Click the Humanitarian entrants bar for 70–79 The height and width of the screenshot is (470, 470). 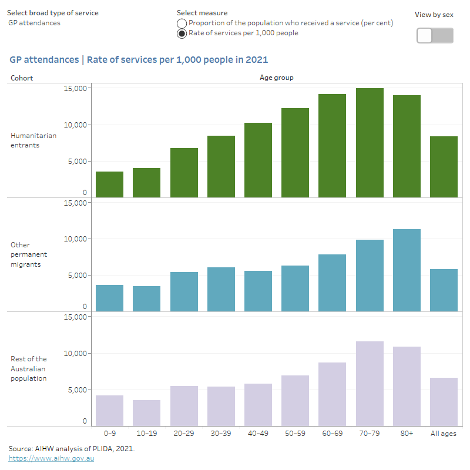tap(370, 143)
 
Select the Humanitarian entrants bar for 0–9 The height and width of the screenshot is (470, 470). tap(109, 184)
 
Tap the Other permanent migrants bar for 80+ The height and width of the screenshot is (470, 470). tap(407, 270)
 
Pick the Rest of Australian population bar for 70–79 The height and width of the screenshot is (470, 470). tap(370, 384)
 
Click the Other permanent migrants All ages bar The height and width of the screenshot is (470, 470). tap(444, 290)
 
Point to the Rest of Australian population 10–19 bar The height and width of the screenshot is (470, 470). tap(146, 413)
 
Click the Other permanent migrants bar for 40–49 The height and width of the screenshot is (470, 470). tap(258, 291)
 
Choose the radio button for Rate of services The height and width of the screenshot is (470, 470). tap(182, 33)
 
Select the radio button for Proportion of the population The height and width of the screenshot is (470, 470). tap(182, 23)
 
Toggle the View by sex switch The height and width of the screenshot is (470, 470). tap(435, 35)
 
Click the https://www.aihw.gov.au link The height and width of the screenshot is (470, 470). tap(51, 458)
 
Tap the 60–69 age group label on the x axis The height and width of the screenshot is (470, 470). tap(332, 433)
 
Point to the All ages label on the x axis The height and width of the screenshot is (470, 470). tap(444, 433)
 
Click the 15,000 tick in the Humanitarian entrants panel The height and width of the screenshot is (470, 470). tap(75, 88)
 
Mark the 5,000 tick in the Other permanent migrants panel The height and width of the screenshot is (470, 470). tap(77, 275)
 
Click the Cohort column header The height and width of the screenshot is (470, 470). tap(22, 78)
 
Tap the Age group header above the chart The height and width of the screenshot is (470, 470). tap(276, 78)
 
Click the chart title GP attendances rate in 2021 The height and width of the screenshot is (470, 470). tap(139, 60)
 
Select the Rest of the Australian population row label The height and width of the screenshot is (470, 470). tap(29, 368)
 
